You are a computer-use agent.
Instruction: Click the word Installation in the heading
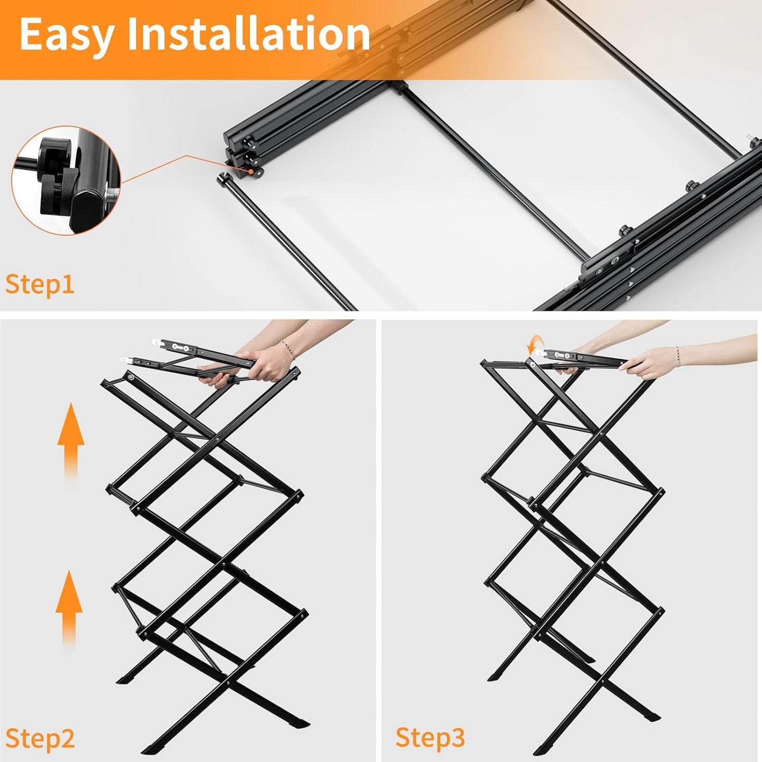[248, 34]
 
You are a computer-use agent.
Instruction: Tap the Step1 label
[40, 284]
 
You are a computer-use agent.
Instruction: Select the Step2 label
[40, 738]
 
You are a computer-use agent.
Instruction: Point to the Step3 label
[430, 737]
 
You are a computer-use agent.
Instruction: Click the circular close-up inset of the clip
[66, 180]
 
